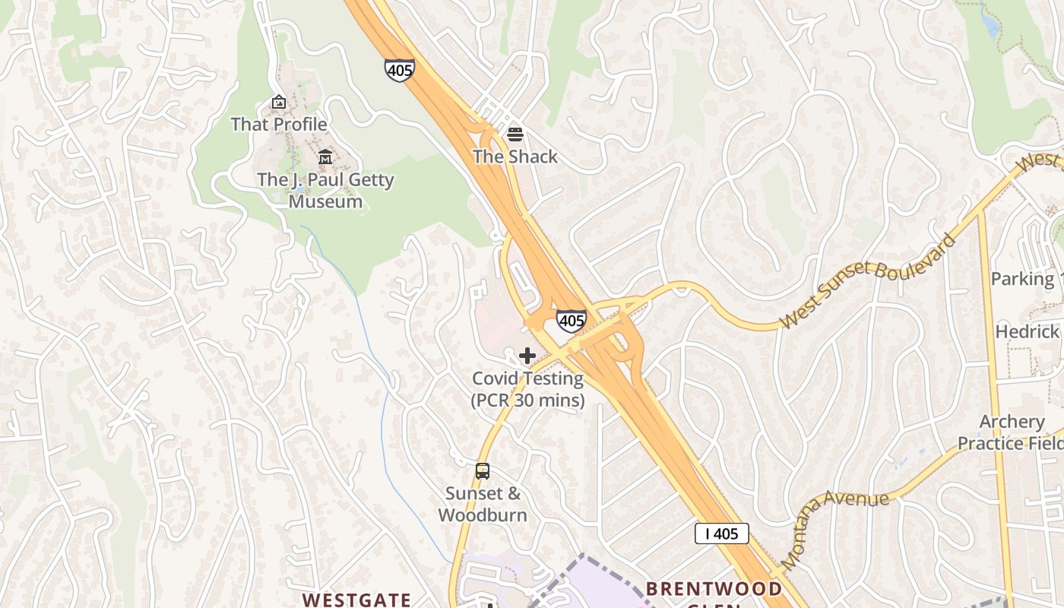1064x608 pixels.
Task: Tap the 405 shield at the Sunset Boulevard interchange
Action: click(571, 321)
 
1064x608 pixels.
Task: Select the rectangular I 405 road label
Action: click(721, 534)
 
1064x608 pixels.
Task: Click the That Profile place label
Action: click(279, 124)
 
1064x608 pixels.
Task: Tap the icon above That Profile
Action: click(279, 102)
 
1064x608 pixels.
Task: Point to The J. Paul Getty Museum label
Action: click(325, 191)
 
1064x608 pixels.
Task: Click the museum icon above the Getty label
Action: click(325, 157)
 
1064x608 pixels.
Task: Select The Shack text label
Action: click(515, 157)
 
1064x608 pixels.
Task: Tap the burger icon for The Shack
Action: click(515, 135)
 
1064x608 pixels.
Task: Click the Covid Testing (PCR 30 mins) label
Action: click(527, 389)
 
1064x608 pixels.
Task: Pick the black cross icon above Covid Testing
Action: click(527, 356)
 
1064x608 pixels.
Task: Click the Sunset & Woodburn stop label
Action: click(483, 504)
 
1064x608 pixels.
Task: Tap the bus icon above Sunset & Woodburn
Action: click(483, 471)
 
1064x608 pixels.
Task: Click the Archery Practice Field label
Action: click(1011, 432)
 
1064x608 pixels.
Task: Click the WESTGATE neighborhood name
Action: click(356, 600)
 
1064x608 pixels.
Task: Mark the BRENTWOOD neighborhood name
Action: click(714, 590)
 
